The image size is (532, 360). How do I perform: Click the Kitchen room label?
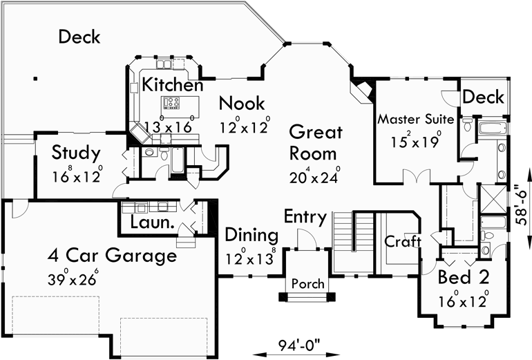172,86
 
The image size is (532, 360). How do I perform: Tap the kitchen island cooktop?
171,104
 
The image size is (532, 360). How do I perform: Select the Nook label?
241,104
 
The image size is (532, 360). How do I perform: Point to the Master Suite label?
415,120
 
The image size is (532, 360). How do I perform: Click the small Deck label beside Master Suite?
483,97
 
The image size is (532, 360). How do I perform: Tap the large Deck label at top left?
79,37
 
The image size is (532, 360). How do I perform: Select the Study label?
77,152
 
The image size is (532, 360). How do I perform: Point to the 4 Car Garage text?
112,256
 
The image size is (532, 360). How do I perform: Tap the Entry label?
305,216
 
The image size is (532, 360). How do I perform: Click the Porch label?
307,284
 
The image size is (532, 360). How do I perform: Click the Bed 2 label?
464,278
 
